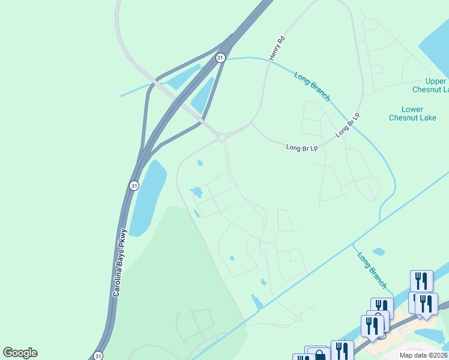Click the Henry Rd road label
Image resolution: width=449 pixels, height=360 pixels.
click(276, 48)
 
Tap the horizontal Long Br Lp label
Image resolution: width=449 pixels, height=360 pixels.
click(301, 147)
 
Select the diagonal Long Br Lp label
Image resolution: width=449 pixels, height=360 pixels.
click(348, 125)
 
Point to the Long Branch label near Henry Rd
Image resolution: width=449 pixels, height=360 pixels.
click(312, 86)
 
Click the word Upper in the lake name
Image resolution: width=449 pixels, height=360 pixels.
click(436, 82)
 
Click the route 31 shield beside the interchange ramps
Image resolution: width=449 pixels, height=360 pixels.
click(220, 58)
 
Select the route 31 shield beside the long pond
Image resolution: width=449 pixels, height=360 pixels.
click(134, 186)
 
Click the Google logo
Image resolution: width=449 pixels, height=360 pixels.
click(20, 353)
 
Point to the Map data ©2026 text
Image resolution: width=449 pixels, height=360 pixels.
click(423, 355)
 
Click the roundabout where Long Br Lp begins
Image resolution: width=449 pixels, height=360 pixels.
click(222, 137)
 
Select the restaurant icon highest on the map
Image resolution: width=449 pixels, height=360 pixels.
click(421, 280)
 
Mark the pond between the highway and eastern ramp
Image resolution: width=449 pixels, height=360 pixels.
click(202, 95)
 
